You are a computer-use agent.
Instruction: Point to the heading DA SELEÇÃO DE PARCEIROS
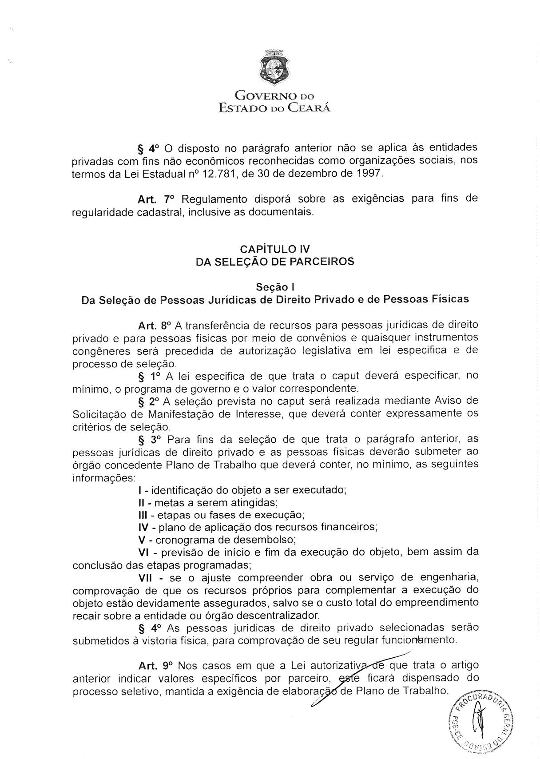coord(275,262)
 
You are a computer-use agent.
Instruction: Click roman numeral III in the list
coord(143,515)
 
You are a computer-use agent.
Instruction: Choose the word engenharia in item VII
coord(445,578)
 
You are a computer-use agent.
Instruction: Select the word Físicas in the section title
coord(450,299)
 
